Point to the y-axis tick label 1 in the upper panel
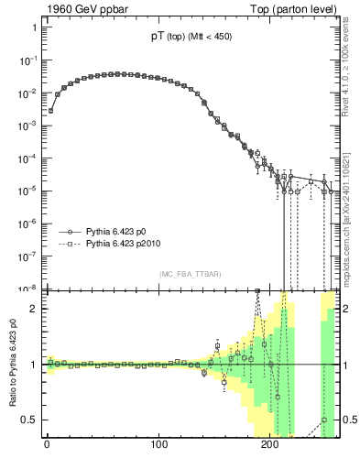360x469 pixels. tap(34, 27)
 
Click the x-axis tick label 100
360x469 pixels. tap(158, 446)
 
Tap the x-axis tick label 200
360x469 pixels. tap(270, 446)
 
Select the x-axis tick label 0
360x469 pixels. tap(47, 446)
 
